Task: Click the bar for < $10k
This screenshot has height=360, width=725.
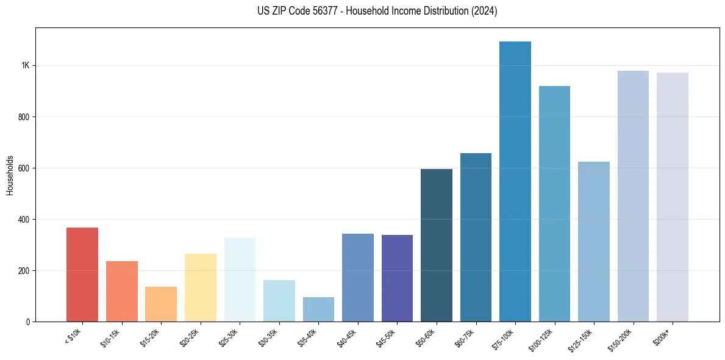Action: point(82,275)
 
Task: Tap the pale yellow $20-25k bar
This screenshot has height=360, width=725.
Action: point(201,287)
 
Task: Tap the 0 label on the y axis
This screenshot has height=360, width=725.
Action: point(27,322)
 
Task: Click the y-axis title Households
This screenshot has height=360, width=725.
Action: point(10,175)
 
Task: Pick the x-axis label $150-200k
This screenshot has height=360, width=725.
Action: point(621,339)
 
